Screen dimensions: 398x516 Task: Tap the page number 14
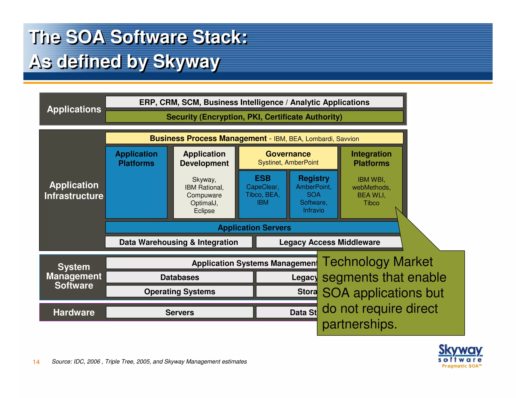36,362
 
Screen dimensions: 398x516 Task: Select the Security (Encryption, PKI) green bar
254,117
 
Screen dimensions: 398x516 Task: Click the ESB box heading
263,178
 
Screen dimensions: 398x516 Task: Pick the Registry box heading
314,178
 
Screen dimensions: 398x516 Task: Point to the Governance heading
288,154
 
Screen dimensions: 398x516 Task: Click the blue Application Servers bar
254,227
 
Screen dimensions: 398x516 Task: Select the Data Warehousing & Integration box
178,242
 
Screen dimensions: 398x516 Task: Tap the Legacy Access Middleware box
329,242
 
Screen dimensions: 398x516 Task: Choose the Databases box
179,277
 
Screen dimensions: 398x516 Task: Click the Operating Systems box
179,291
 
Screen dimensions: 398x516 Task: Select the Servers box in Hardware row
179,312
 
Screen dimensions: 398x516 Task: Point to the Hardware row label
74,312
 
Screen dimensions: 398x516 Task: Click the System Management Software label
74,276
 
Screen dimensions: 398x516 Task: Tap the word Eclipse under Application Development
204,211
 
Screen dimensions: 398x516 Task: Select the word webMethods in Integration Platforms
371,187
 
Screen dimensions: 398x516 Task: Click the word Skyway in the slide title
186,62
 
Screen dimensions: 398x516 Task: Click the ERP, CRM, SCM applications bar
254,102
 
